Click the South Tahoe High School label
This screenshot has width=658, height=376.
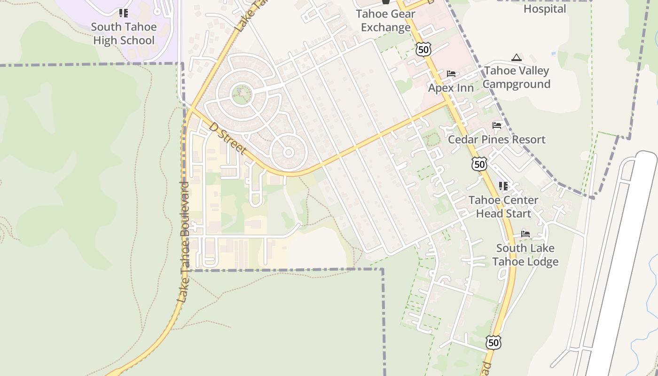click(124, 33)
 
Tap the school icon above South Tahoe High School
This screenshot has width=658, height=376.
click(123, 13)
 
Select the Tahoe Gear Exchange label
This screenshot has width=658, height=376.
click(385, 21)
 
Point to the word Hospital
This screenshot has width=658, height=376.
click(545, 9)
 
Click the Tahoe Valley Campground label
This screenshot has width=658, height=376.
click(516, 78)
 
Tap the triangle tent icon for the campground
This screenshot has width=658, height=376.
click(517, 58)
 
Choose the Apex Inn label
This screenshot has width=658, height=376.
click(451, 88)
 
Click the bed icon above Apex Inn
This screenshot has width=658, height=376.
click(451, 74)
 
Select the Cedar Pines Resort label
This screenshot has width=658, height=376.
click(496, 140)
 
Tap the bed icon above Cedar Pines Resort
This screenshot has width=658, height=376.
click(497, 125)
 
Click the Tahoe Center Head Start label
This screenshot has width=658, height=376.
click(503, 207)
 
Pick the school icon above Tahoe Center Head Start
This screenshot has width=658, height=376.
click(503, 186)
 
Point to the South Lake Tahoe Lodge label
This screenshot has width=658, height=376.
click(525, 255)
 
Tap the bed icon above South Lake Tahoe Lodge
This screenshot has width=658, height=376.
click(525, 234)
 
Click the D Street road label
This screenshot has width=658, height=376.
click(228, 139)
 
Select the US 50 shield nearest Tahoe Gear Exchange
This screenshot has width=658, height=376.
click(423, 49)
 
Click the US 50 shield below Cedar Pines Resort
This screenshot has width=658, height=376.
click(479, 164)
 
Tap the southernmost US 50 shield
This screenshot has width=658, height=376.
click(493, 343)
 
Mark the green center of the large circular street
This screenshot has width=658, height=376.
click(242, 95)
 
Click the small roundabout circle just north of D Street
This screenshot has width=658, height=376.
click(289, 152)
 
